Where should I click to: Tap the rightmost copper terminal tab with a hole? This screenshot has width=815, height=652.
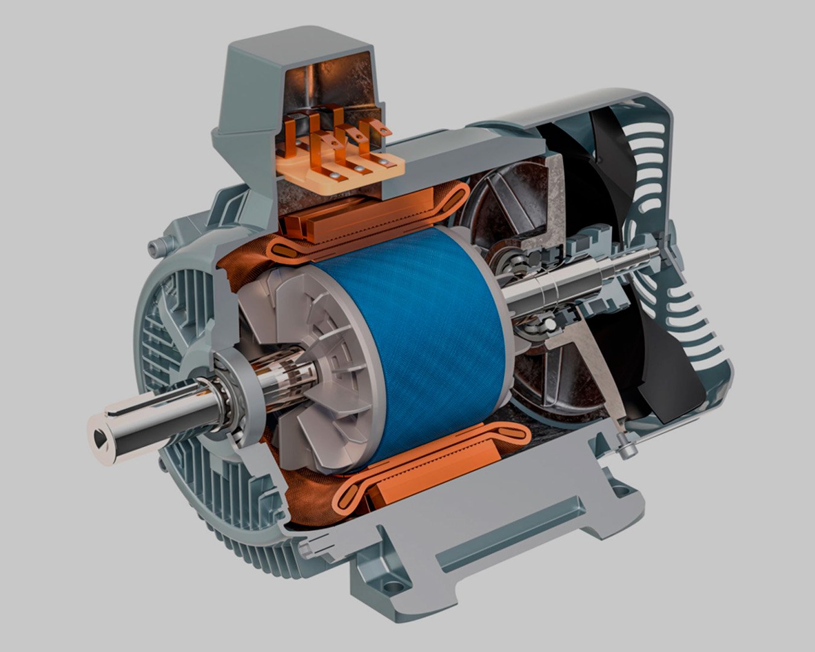coord(380,128)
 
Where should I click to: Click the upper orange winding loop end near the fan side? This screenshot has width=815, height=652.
coord(453,199)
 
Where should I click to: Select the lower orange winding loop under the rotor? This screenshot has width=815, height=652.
coord(423,465)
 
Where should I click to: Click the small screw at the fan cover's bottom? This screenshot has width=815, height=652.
coord(628,450)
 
